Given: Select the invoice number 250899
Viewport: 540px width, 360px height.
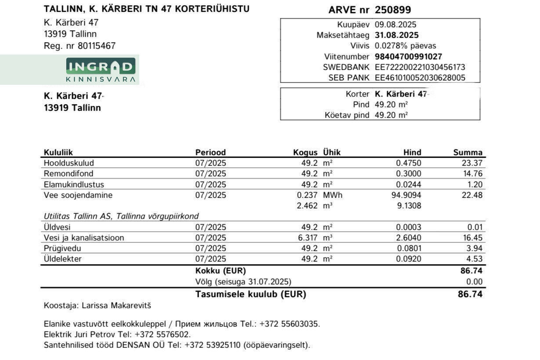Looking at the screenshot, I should click(x=393, y=10).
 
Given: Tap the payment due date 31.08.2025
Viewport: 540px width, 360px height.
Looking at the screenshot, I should click(x=396, y=35).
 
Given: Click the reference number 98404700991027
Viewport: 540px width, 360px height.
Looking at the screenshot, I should click(x=408, y=57).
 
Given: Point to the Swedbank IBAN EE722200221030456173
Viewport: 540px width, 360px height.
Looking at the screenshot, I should click(x=420, y=67).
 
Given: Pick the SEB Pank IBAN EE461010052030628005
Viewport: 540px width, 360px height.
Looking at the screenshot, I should click(x=420, y=78).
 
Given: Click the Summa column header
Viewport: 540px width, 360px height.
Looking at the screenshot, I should click(x=468, y=153).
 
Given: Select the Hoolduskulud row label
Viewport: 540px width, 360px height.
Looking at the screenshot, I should click(x=69, y=163).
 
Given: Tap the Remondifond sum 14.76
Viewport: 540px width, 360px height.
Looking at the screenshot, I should click(x=473, y=174).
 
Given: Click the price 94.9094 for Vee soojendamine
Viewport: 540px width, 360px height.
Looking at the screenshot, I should click(x=406, y=195).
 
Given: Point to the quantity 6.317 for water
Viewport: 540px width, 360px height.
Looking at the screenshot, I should click(x=307, y=238).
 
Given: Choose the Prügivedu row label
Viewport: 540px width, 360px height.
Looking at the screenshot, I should click(x=62, y=248).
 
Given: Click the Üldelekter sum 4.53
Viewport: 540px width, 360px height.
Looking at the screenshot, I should click(x=475, y=259).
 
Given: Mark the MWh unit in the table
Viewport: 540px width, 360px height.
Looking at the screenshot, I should click(x=333, y=195).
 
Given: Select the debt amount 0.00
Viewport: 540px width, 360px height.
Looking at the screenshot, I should click(x=475, y=282).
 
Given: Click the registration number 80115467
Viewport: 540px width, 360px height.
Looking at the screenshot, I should click(x=97, y=46).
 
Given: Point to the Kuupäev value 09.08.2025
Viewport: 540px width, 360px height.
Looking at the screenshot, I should click(x=395, y=25).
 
